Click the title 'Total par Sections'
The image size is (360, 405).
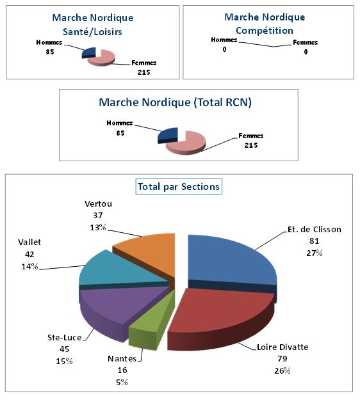coord(179,187)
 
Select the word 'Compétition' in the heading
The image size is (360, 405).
coord(265,30)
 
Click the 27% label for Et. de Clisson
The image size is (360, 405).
coord(314,253)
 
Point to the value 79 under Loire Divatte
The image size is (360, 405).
coord(282,359)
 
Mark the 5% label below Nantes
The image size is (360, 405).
coord(122,382)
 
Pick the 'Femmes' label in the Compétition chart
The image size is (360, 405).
coord(305,43)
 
